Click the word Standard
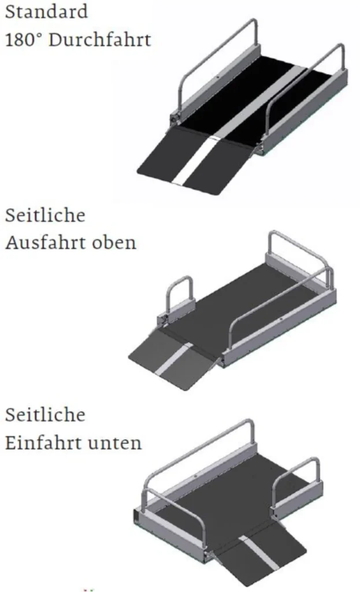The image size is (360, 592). pyautogui.click(x=46, y=12)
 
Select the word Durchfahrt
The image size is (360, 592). pyautogui.click(x=100, y=40)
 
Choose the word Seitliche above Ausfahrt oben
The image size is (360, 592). pyautogui.click(x=45, y=215)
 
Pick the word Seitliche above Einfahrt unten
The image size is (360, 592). pyautogui.click(x=45, y=415)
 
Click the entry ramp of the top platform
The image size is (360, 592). pyautogui.click(x=194, y=161)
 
